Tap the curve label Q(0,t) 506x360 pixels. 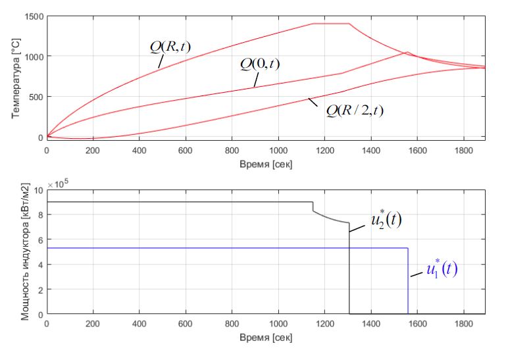(x=260, y=64)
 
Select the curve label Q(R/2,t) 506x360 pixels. (x=355, y=109)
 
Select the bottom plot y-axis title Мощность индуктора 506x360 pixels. (x=26, y=252)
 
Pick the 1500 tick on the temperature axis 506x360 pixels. (x=33, y=16)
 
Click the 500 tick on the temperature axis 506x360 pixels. (x=36, y=97)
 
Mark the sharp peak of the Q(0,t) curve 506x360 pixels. (x=407, y=53)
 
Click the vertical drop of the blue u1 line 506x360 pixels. (x=408, y=283)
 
